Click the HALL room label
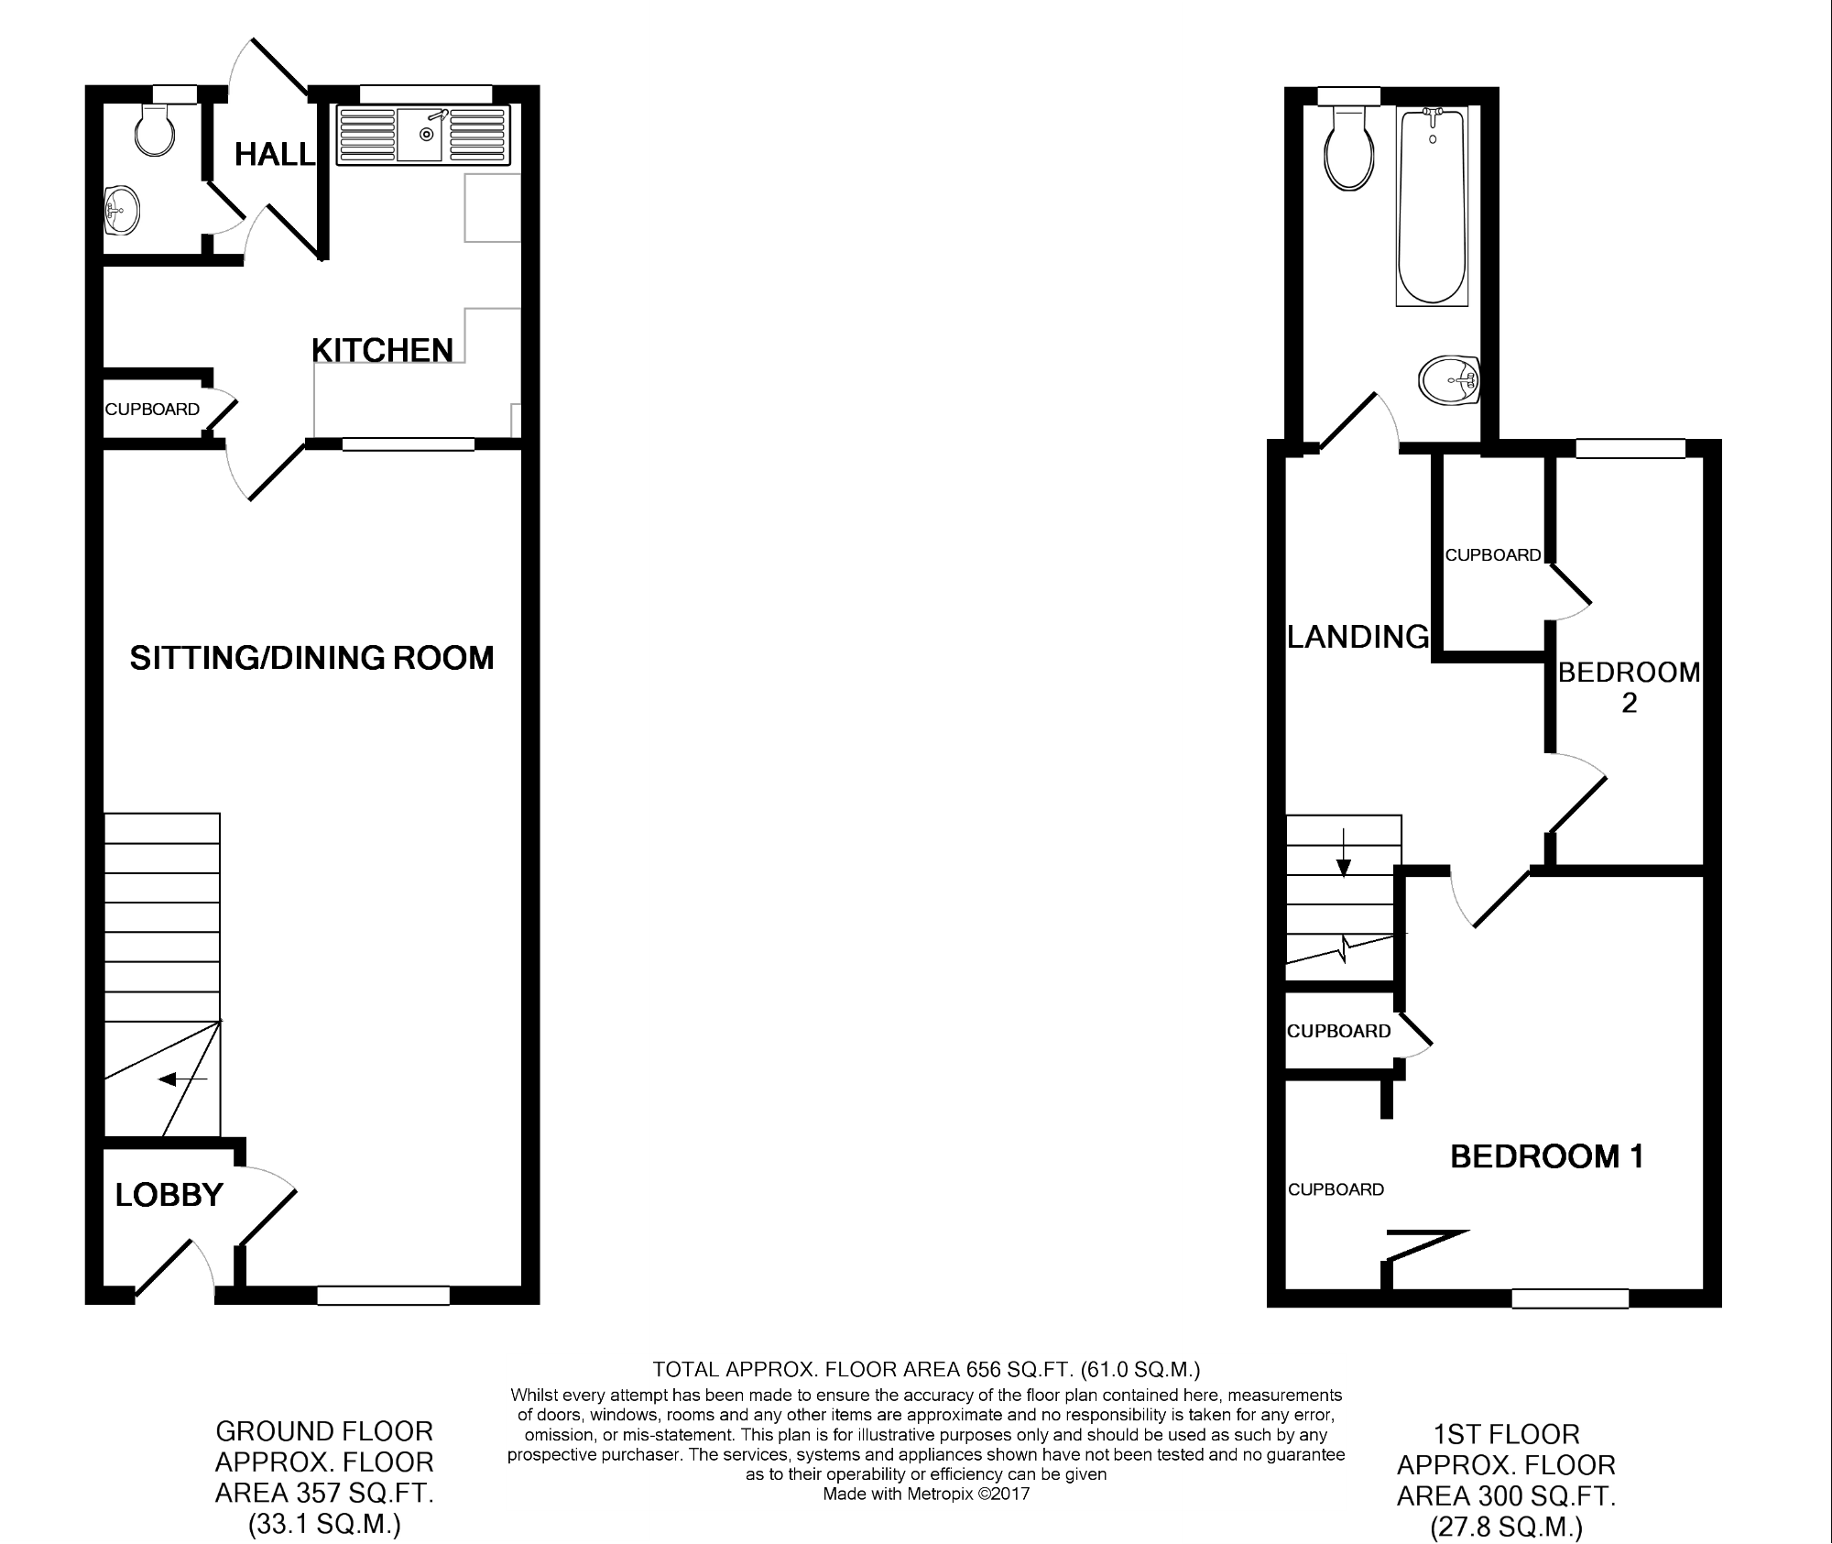point(275,155)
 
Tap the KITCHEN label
point(382,350)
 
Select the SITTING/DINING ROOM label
point(311,658)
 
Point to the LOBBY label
point(169,1195)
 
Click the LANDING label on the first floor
point(1358,636)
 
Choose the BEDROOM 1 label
point(1547,1156)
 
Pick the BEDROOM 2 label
point(1629,687)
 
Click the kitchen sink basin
point(422,136)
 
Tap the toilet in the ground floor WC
point(154,127)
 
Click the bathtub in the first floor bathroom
point(1432,206)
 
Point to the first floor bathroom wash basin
point(1449,379)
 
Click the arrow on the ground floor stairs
point(183,1079)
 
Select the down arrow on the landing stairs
point(1344,853)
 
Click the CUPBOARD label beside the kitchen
point(152,410)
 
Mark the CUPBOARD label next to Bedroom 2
point(1493,555)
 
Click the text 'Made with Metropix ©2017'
point(926,1495)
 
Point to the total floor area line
point(926,1370)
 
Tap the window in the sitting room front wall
point(384,1296)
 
